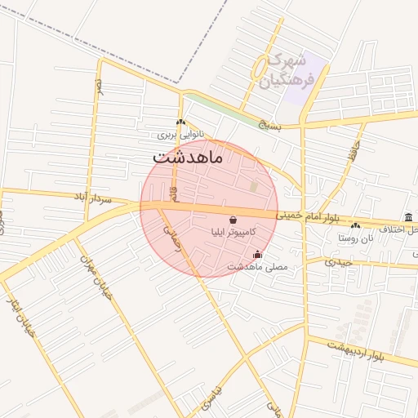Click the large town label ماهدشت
pos(187,156)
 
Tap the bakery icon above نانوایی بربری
pos(180,122)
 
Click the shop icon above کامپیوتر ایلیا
pos(233,220)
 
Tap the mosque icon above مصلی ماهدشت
pos(258,254)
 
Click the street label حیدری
pos(338,262)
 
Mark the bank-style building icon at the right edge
pos(407,216)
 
